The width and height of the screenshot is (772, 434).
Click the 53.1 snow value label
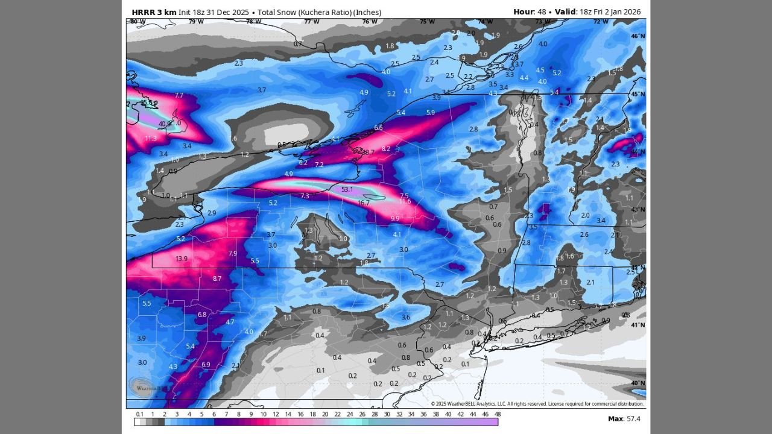(347, 189)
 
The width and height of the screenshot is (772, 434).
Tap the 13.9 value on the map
(182, 259)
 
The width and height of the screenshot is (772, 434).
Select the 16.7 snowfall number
(364, 203)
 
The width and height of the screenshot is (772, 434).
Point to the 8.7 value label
(217, 278)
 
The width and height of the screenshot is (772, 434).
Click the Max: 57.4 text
(624, 418)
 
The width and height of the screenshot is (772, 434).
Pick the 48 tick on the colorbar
(498, 414)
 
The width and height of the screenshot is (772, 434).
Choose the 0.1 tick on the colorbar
(140, 414)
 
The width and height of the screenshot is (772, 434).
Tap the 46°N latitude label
(638, 36)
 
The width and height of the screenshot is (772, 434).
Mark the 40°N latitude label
(638, 383)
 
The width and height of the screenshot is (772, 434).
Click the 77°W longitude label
(311, 22)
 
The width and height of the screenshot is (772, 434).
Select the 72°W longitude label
(600, 22)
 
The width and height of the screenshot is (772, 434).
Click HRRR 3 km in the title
(154, 12)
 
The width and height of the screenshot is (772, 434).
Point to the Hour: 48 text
(528, 12)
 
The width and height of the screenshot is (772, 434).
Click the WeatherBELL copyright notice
(537, 404)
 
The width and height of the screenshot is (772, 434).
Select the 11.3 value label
(151, 138)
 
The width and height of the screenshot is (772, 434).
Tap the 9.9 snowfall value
(395, 218)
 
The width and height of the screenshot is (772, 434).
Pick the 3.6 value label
(406, 317)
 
